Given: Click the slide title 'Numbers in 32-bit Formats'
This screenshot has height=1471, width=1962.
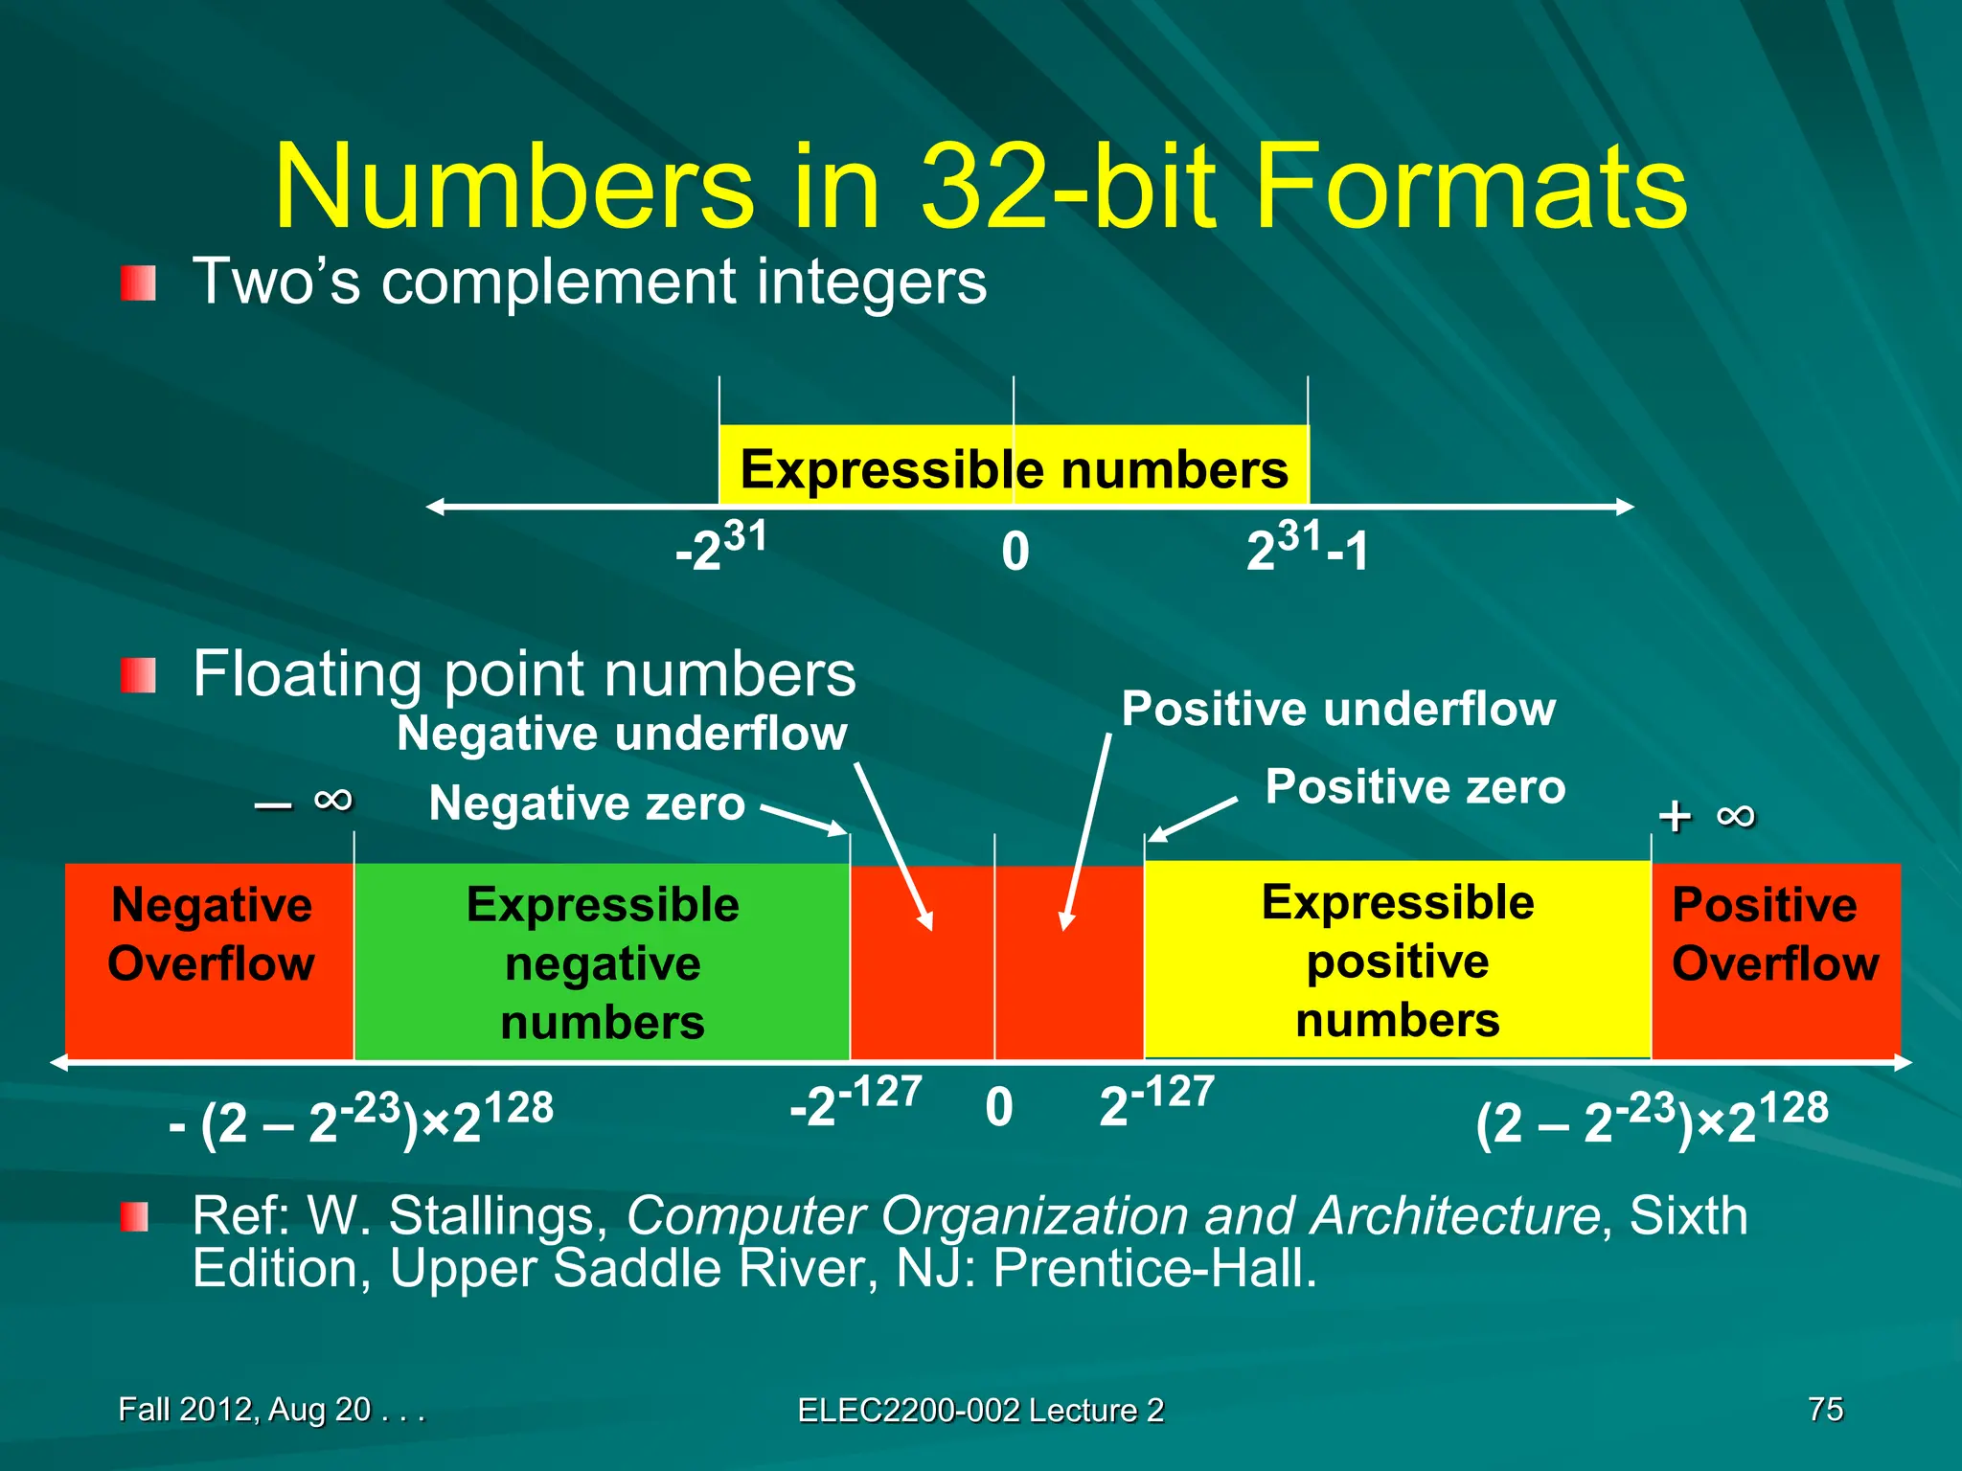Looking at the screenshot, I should click(x=980, y=186).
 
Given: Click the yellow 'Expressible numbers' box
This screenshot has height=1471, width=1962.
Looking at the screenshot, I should click(x=1014, y=467).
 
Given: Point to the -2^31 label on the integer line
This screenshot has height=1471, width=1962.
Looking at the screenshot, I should click(x=721, y=547).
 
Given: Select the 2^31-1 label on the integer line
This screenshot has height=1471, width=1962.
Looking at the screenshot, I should click(x=1308, y=549).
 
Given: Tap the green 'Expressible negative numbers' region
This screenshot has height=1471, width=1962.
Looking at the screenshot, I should click(x=602, y=962).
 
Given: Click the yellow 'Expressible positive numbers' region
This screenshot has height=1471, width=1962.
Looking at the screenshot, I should click(x=1397, y=961).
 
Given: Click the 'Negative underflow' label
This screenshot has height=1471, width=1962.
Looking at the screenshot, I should click(x=622, y=735).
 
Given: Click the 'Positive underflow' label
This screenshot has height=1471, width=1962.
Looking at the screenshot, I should click(x=1338, y=710).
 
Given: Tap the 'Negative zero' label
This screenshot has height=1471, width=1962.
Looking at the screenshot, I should click(x=586, y=803).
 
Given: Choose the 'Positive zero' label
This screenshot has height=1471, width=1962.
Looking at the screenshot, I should click(x=1415, y=787).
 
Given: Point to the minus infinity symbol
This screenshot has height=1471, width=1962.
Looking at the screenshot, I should click(x=306, y=801).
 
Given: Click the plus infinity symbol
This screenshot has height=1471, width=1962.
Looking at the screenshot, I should click(x=1706, y=816).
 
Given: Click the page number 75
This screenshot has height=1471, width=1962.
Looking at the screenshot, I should click(x=1825, y=1409).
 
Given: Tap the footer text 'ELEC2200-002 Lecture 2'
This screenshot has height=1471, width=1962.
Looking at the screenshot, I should click(x=980, y=1410).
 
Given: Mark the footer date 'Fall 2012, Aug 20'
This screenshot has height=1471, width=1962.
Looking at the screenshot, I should click(x=245, y=1409).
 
